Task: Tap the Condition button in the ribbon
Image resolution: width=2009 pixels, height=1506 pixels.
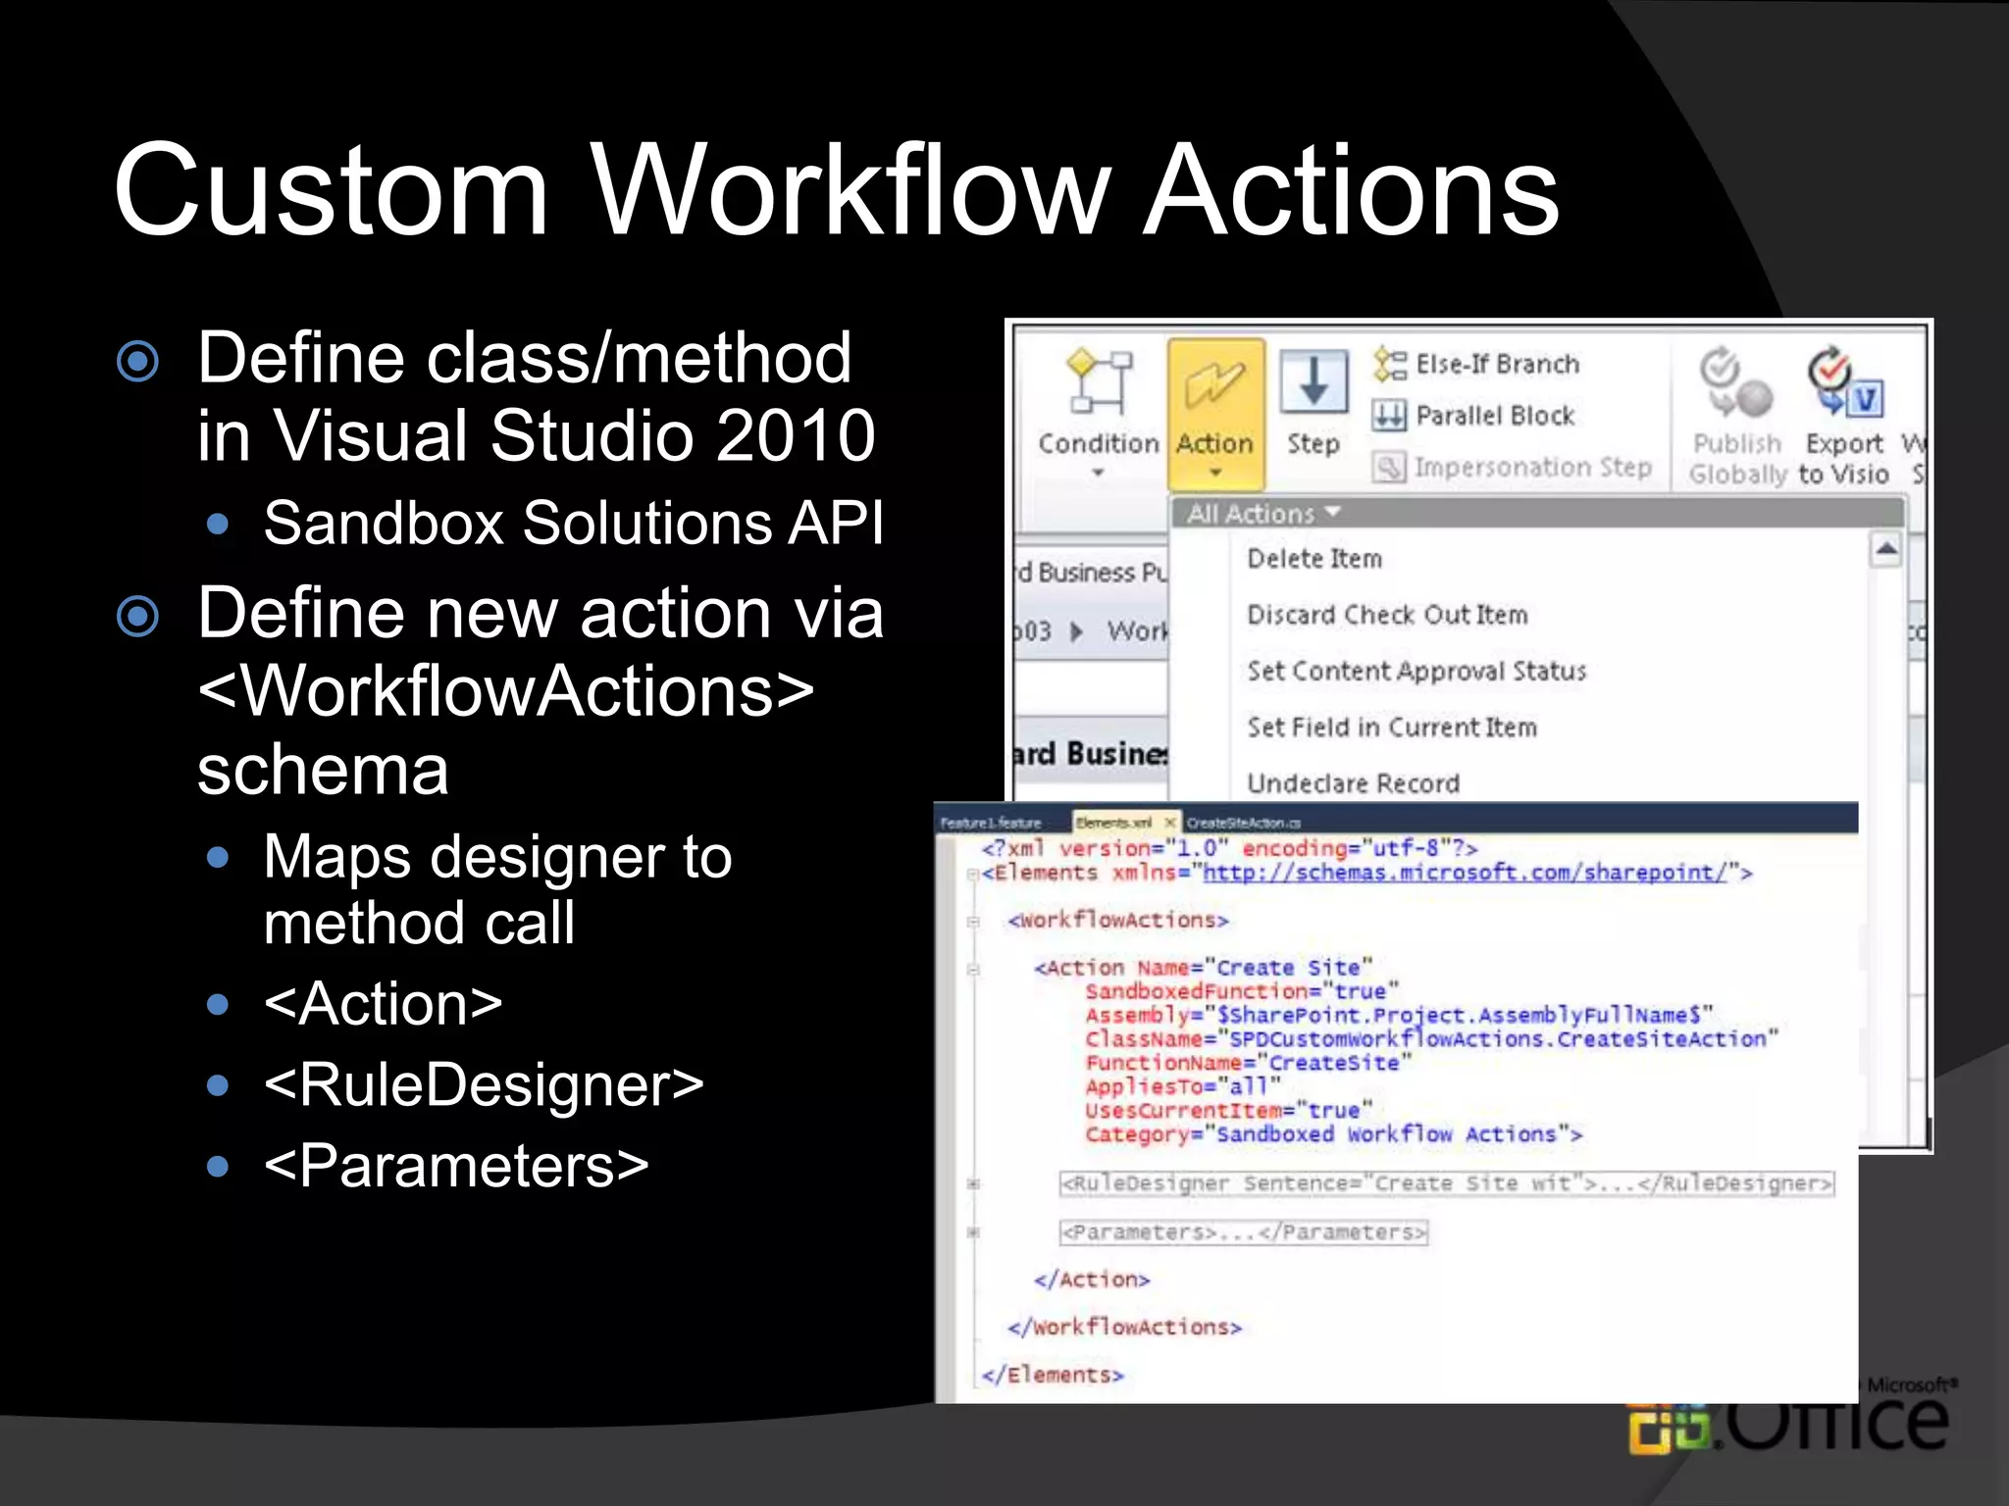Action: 1099,412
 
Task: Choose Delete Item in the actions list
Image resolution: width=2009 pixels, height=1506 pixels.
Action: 1314,559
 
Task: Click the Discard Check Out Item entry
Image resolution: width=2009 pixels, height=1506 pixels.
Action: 1387,615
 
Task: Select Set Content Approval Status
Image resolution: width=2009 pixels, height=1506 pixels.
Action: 1417,672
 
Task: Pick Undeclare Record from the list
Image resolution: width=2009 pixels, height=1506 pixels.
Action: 1354,783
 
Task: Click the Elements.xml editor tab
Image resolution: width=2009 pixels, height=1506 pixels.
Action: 1115,823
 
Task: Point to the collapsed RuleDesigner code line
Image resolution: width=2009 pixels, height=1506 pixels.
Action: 1446,1184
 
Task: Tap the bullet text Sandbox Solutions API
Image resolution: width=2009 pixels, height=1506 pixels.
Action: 574,523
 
